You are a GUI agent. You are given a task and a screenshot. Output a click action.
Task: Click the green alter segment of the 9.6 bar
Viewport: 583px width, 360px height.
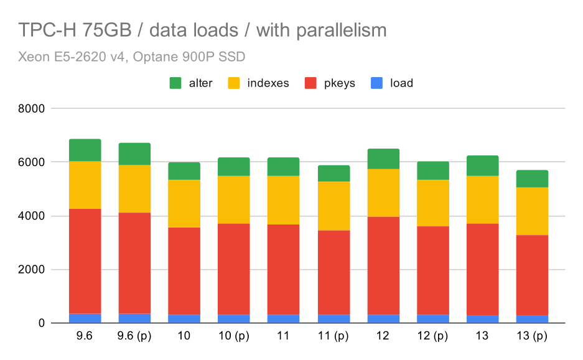tap(85, 150)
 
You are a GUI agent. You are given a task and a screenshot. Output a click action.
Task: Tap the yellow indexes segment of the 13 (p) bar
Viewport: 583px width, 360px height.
tap(532, 211)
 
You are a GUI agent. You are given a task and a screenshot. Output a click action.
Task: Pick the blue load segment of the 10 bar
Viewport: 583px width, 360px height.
tap(184, 318)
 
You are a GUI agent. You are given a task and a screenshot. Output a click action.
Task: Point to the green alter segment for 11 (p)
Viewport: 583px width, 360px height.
tap(333, 173)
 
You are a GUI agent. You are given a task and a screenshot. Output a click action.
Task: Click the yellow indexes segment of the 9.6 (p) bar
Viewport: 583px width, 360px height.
tap(134, 188)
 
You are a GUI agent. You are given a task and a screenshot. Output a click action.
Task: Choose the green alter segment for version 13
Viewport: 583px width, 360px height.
tap(483, 165)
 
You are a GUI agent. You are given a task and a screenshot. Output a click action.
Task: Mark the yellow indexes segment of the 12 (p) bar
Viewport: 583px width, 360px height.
tap(433, 203)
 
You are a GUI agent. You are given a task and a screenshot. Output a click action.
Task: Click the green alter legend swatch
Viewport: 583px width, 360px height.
tap(175, 83)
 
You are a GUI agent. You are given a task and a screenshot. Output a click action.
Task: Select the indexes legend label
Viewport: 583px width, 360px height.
tap(268, 83)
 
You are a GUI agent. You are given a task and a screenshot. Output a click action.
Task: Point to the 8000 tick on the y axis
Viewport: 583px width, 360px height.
tap(32, 109)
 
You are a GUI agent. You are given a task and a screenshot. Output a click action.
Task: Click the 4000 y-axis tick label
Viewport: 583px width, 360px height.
tap(32, 216)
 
